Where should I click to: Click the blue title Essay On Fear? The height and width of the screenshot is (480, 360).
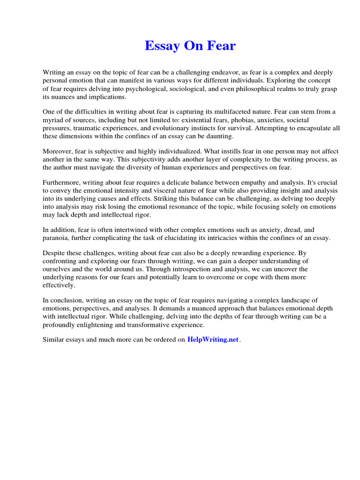(x=190, y=46)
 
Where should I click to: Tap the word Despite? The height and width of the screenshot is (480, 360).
(x=54, y=254)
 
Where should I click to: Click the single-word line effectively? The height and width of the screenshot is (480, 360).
(x=59, y=285)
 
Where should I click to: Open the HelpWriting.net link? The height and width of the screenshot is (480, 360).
(x=213, y=340)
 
